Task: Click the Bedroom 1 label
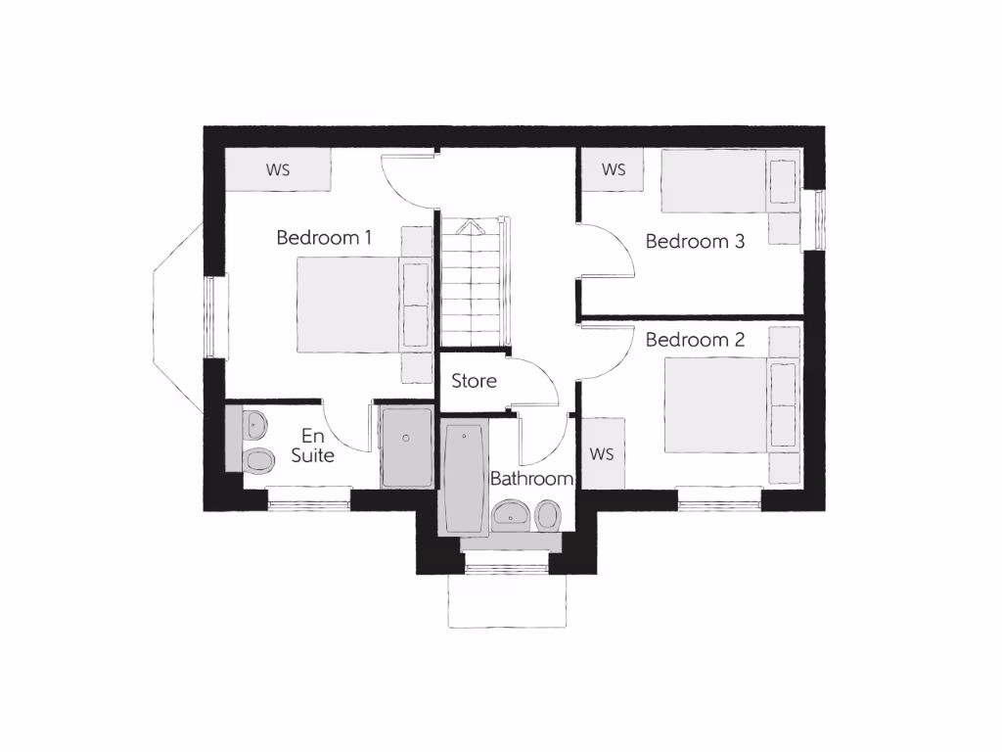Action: [x=324, y=237]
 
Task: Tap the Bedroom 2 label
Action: [x=695, y=341]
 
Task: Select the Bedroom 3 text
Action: [x=695, y=241]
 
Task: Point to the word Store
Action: [x=474, y=380]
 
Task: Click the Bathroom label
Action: [x=531, y=479]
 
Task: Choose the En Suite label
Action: [x=312, y=446]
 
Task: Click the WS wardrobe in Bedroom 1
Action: [x=278, y=169]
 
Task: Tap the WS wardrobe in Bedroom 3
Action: [x=614, y=169]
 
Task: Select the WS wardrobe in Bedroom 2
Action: [x=603, y=454]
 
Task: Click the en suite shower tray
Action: [x=406, y=446]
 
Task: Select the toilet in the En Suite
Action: [x=258, y=458]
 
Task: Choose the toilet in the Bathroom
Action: [x=548, y=514]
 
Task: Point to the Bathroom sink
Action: [x=511, y=514]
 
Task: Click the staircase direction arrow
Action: [x=471, y=227]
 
